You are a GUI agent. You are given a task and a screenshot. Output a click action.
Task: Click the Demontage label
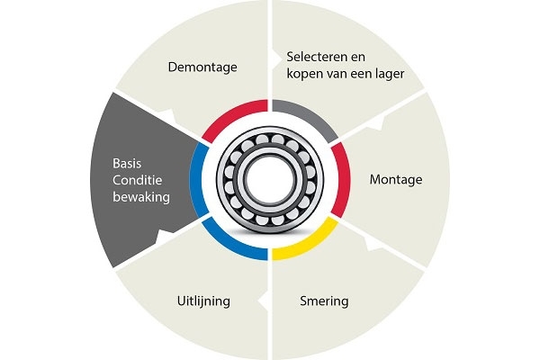tap(202, 67)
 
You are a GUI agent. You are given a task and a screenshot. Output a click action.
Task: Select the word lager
tap(389, 74)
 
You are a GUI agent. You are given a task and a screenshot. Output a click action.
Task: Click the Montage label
tap(396, 179)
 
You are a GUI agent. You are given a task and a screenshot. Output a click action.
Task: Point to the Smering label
tap(324, 301)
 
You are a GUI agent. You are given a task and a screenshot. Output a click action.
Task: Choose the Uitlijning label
tap(203, 301)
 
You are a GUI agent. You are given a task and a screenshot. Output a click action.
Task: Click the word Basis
tap(127, 163)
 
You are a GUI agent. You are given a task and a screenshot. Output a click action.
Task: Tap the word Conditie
tap(137, 180)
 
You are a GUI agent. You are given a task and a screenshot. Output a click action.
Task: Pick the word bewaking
tap(141, 197)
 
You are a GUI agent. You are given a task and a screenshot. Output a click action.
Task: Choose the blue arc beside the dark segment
tap(197, 180)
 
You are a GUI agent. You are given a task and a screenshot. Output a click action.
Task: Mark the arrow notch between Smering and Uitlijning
tap(264, 301)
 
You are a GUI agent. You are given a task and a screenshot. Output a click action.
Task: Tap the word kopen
tap(302, 75)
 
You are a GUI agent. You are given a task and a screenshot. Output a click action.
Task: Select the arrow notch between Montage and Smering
tap(372, 243)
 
